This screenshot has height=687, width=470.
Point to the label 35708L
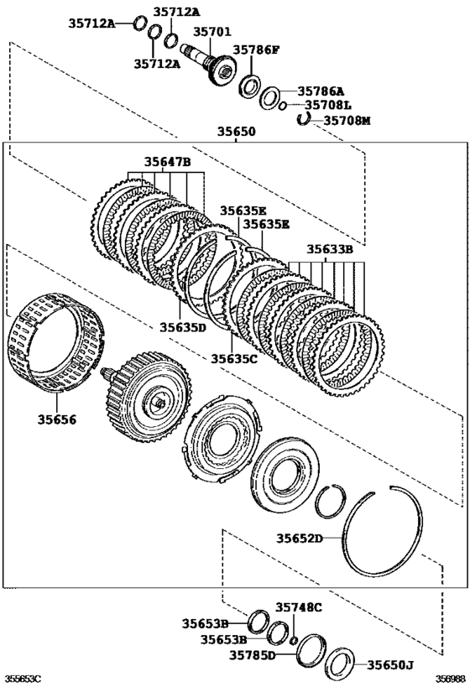(328, 105)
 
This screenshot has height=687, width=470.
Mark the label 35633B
(328, 248)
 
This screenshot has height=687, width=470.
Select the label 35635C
(233, 358)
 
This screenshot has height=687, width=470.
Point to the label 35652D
(300, 538)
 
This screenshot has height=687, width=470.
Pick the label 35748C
(300, 606)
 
